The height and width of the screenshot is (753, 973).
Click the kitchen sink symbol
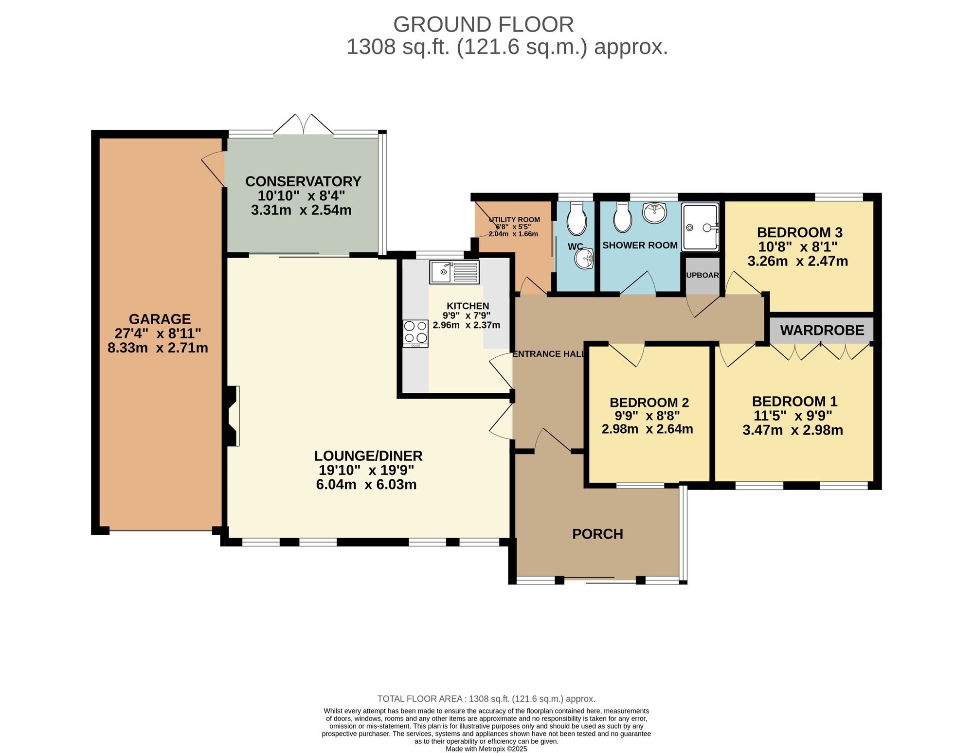[x=454, y=272]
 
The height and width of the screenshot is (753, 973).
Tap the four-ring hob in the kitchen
[x=415, y=333]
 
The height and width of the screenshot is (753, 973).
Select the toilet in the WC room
[x=577, y=219]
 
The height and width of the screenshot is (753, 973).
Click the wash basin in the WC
[x=584, y=258]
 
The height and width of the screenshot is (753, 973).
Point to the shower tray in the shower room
[x=700, y=228]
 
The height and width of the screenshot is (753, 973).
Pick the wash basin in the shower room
[x=654, y=213]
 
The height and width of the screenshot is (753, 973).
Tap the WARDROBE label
[x=822, y=330]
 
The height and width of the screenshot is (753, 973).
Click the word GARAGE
[x=160, y=319]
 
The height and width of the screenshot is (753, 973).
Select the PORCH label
[x=597, y=534]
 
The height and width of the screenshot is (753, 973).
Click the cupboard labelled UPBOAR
[x=702, y=276]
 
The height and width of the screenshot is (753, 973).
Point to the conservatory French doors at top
[x=304, y=125]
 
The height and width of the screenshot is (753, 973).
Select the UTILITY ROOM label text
[x=514, y=220]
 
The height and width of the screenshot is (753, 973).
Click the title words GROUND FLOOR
[x=483, y=24]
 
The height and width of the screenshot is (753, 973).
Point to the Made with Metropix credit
[x=486, y=749]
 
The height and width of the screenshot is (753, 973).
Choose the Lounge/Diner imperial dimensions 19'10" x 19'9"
[x=366, y=470]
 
